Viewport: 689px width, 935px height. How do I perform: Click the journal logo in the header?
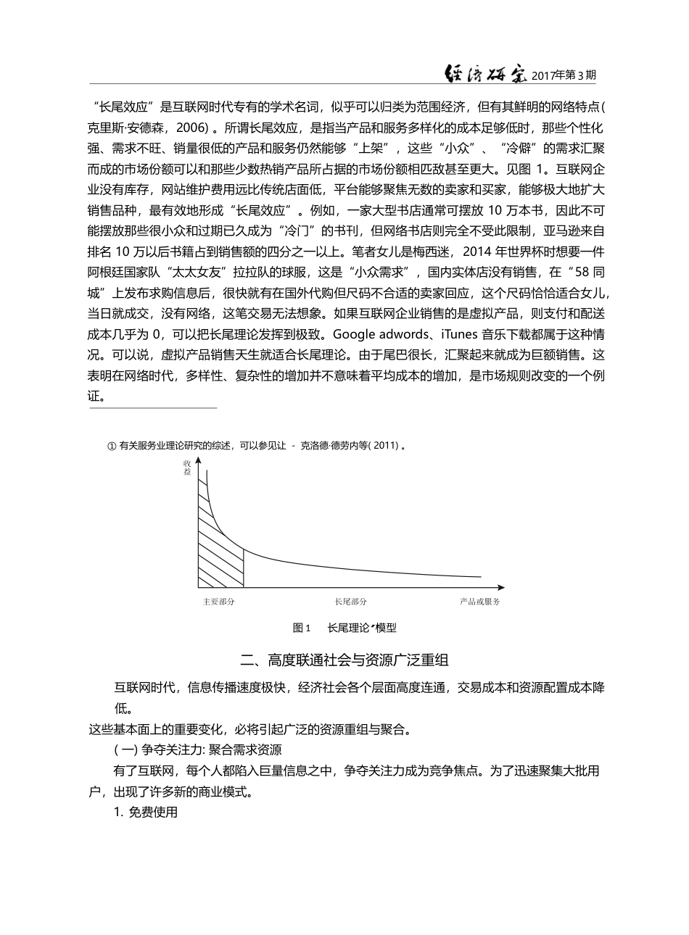point(484,72)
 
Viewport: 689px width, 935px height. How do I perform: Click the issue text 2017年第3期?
point(564,75)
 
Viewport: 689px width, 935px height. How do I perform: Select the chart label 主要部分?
point(218,602)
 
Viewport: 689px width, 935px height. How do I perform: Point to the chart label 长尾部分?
point(350,602)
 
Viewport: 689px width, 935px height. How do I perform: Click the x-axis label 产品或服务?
point(479,602)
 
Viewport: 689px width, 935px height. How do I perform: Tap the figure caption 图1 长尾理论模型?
point(344,628)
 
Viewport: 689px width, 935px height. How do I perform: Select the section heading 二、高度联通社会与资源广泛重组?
point(344,660)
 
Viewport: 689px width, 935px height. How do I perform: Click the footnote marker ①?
point(111,445)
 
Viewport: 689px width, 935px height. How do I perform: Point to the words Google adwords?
point(376,334)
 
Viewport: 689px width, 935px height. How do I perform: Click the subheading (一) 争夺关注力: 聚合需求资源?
point(197,749)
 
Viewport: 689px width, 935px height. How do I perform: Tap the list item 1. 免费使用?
point(146,812)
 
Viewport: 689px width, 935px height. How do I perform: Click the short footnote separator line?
point(153,408)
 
